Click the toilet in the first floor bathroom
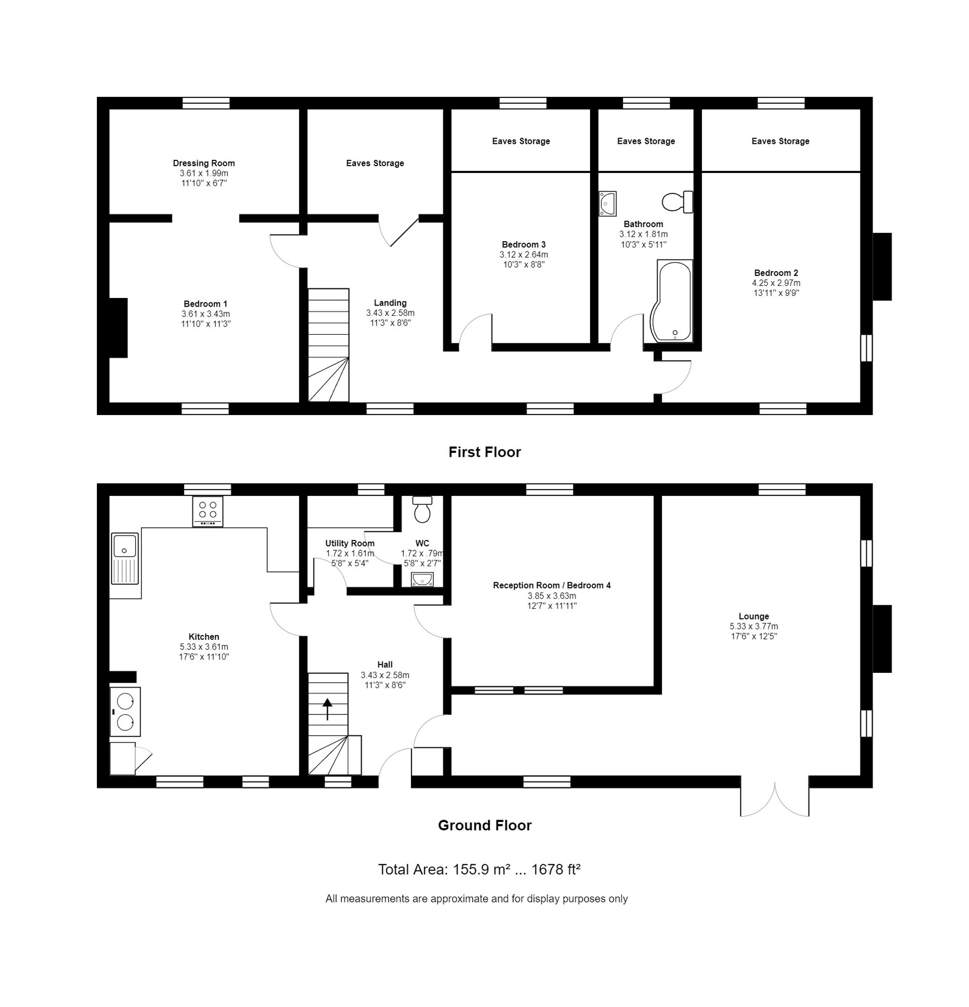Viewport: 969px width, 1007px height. [677, 201]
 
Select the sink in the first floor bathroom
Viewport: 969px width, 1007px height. [607, 203]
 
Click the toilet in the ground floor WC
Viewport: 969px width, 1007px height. [422, 509]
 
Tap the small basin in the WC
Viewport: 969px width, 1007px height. [422, 579]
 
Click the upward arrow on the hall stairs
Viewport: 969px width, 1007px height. [327, 709]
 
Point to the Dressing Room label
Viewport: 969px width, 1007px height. [203, 163]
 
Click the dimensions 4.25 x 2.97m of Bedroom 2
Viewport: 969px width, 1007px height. [776, 283]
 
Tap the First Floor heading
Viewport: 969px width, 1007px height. [484, 452]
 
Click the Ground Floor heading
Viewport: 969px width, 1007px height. [484, 825]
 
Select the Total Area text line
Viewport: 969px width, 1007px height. [479, 869]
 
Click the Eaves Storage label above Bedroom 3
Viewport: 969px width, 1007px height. [520, 141]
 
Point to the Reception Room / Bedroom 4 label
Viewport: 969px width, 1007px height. [551, 585]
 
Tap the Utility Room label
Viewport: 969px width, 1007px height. [349, 543]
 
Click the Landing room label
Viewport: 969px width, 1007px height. [390, 303]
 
